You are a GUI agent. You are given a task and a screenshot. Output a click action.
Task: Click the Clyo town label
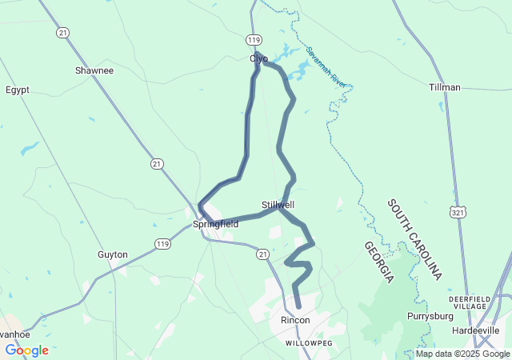(259, 58)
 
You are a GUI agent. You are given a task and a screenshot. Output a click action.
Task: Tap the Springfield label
(215, 225)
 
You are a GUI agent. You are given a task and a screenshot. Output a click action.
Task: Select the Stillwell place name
(278, 205)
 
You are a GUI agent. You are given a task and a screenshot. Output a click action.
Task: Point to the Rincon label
(295, 320)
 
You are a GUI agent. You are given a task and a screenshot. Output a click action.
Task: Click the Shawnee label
(94, 70)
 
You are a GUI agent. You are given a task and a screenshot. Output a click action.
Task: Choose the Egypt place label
(18, 90)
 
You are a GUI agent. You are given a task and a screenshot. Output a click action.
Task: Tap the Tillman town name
(445, 87)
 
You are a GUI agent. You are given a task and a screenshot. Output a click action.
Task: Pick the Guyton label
(113, 254)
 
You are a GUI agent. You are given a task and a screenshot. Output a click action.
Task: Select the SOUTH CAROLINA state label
(414, 239)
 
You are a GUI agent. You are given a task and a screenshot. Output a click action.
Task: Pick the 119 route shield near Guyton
(163, 242)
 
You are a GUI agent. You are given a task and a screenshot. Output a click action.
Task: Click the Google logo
(26, 350)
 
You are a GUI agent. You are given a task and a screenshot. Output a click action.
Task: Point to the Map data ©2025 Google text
(462, 354)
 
